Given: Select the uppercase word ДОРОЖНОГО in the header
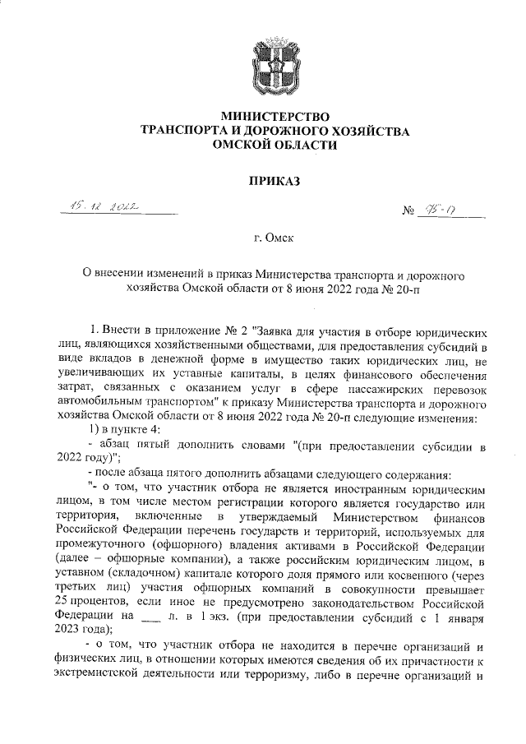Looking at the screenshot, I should tap(293, 130).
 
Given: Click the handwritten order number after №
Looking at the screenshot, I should tap(453, 211).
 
